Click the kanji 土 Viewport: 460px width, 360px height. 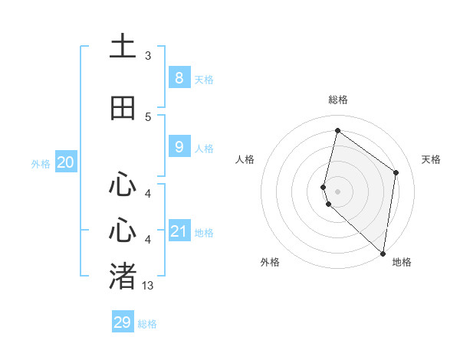123,47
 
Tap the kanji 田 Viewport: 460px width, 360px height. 123,109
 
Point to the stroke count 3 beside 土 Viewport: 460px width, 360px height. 147,56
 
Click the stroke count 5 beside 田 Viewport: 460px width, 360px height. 147,117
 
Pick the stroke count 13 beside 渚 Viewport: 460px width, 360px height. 148,286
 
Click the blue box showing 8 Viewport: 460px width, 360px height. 179,77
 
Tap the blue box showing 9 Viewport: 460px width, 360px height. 179,147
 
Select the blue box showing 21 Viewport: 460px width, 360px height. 179,231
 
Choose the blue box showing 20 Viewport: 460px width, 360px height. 66,162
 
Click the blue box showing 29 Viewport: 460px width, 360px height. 123,322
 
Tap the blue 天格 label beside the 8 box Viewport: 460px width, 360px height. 204,79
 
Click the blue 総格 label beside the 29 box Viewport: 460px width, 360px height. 147,324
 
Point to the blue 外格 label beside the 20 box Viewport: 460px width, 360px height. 41,164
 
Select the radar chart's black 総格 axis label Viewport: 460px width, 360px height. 338,100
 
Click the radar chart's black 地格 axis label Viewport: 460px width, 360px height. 402,262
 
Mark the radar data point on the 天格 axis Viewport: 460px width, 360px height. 396,172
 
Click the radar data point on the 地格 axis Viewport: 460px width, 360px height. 383,253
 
